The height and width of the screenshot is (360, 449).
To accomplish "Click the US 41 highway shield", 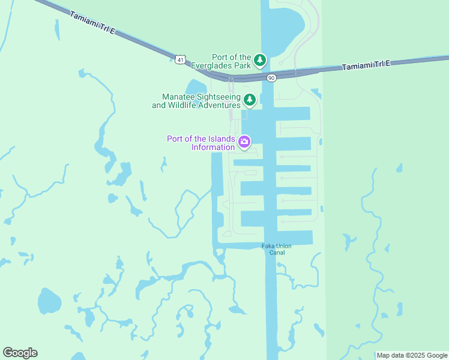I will [181, 58].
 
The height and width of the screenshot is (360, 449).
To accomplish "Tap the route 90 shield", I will [271, 77].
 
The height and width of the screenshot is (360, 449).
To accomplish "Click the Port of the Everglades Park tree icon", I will [260, 59].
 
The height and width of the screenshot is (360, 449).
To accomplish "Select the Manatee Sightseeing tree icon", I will [249, 100].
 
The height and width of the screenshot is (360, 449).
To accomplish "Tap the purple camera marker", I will [244, 142].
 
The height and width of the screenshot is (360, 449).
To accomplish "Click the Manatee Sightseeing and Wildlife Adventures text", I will [196, 101].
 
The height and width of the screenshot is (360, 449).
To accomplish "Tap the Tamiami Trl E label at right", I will [366, 65].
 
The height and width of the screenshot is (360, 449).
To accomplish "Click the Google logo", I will [20, 353].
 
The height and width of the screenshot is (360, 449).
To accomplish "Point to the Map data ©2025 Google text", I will [411, 355].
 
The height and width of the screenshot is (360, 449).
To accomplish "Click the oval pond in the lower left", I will [49, 301].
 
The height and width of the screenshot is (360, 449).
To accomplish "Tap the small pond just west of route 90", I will [196, 88].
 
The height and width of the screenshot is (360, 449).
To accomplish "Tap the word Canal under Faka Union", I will [276, 253].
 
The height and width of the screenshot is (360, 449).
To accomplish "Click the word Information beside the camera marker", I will [212, 148].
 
